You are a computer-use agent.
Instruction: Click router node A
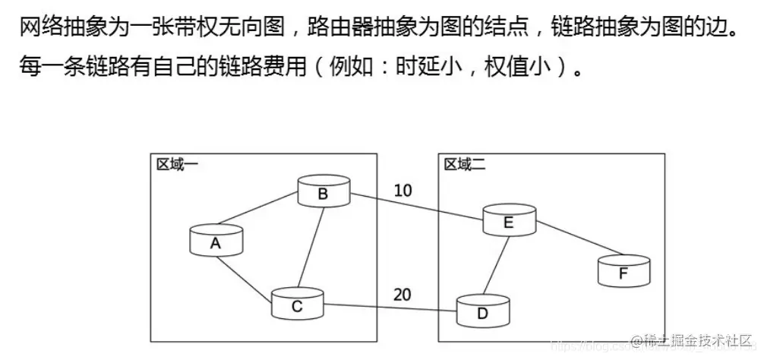pos(216,241)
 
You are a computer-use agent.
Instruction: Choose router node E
pos(509,220)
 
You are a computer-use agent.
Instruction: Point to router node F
pos(624,270)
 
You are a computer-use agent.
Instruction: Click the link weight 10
pos(404,190)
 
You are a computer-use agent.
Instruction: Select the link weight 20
pos(403,295)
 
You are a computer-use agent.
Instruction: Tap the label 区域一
pos(176,165)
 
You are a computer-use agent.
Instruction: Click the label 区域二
pos(464,165)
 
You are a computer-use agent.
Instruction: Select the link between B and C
pos(311,246)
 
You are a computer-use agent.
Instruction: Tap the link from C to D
pos(390,308)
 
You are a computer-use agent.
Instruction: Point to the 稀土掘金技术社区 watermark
pos(694,339)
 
